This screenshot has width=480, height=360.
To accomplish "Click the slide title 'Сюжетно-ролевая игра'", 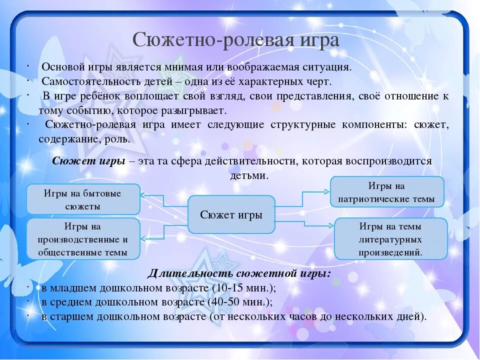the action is point(236,40).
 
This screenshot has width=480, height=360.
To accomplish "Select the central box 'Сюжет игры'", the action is point(231,215).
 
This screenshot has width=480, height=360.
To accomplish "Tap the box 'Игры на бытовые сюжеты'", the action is point(82,199).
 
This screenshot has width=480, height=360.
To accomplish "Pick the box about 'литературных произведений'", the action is point(390,239).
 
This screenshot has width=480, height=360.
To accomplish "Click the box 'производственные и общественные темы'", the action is point(82,239).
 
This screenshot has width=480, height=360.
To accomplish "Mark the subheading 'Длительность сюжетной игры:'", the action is point(239,273).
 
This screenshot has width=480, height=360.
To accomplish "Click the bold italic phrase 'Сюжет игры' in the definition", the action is point(88,161).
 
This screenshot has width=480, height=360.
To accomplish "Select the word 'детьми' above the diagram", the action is point(249,176).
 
